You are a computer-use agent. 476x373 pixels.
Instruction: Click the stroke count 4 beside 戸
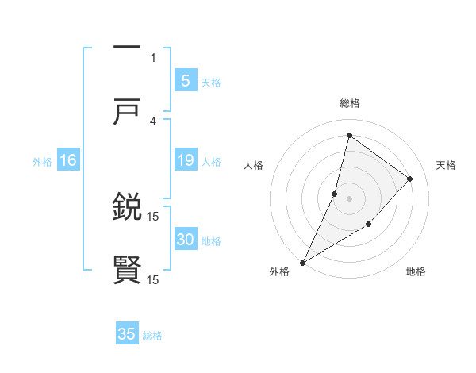(x=153, y=121)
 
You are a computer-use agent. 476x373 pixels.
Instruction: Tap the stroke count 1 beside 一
(x=153, y=57)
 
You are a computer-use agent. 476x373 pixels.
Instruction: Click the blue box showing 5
(x=185, y=81)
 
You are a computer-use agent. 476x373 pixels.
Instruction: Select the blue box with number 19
(x=185, y=161)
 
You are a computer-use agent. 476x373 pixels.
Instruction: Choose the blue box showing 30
(x=185, y=240)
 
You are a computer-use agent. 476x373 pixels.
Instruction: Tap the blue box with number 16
(x=68, y=161)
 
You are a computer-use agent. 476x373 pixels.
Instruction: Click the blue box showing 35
(x=127, y=334)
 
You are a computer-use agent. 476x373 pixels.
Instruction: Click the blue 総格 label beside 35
(x=153, y=336)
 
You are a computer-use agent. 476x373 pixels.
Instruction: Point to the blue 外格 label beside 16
(x=42, y=162)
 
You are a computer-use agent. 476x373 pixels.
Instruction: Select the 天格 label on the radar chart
(x=447, y=165)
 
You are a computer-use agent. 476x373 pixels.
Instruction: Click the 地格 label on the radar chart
(x=416, y=272)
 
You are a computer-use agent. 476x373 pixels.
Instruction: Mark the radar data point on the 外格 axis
(x=302, y=262)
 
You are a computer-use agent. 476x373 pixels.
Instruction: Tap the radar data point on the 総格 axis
(x=349, y=135)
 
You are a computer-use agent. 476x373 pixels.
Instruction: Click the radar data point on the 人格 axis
(x=335, y=194)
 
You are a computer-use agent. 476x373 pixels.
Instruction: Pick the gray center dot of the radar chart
(x=349, y=198)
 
